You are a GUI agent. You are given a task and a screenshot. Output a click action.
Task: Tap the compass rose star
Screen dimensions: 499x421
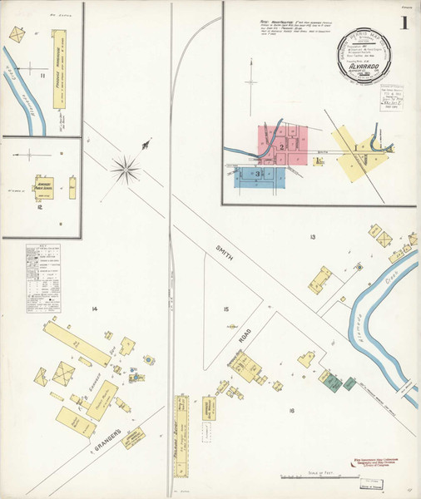[x=126, y=169]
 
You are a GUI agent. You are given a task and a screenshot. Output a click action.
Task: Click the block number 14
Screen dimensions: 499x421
[x=95, y=309]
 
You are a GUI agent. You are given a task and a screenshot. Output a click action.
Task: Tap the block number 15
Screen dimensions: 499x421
[x=225, y=309]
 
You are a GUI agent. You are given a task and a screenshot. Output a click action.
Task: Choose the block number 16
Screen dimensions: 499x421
[x=291, y=411]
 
